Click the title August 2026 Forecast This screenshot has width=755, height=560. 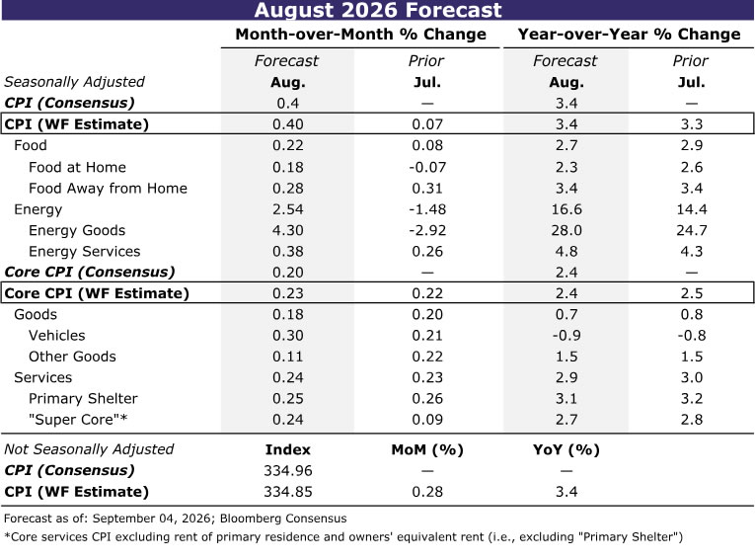coord(378,10)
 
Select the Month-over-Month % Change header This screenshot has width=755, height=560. coord(360,35)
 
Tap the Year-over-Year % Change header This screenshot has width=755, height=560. coord(629,35)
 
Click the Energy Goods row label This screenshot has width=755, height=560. coord(77,230)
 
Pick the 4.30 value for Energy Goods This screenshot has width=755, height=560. coord(288,230)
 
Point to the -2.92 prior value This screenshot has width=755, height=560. coord(427,230)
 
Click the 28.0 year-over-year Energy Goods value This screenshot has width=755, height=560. coord(566,230)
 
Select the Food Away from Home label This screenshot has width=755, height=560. coord(108,188)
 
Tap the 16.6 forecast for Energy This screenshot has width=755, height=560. coord(566,209)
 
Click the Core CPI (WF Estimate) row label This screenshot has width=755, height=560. coord(97,293)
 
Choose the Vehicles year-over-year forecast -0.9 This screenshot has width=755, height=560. coord(566,336)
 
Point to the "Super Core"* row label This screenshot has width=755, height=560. coord(78,420)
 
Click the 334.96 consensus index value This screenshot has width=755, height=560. coord(288,470)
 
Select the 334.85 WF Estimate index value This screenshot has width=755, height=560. coord(288,492)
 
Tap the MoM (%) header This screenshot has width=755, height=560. coord(427,449)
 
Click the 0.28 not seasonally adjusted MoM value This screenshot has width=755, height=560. coord(427,492)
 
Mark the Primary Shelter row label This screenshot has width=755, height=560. coord(83,399)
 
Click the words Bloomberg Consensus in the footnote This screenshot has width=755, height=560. coord(283,519)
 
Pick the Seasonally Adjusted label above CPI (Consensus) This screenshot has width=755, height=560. coord(75,82)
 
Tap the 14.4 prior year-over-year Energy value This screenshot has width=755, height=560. coord(692,209)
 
